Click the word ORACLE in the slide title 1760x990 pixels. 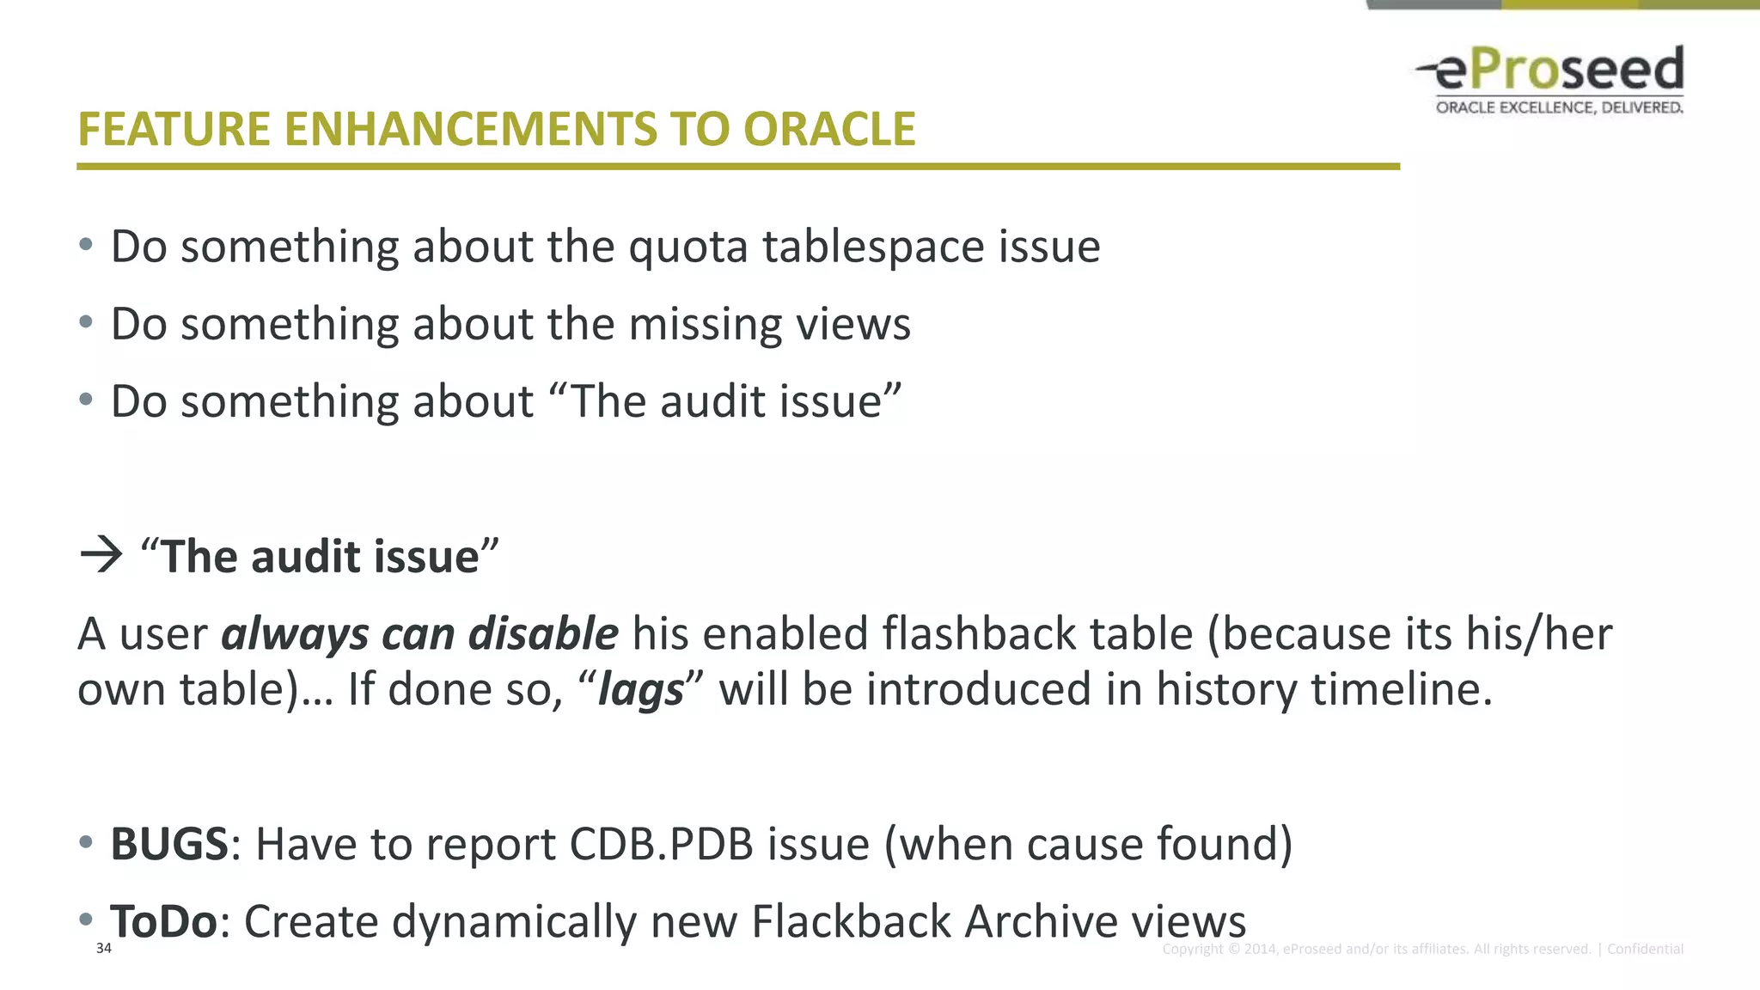coord(829,130)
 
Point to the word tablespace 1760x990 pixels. coord(873,247)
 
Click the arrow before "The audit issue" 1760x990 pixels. coord(101,555)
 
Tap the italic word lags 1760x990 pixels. coord(641,690)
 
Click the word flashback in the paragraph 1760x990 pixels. coord(979,634)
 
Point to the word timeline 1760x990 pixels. coord(1398,689)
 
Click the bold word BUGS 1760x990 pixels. coord(169,844)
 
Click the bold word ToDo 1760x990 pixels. coord(164,921)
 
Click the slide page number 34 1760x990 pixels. coord(104,948)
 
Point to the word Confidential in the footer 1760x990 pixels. coord(1645,949)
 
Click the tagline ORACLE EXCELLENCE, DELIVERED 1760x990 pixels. coord(1559,107)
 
